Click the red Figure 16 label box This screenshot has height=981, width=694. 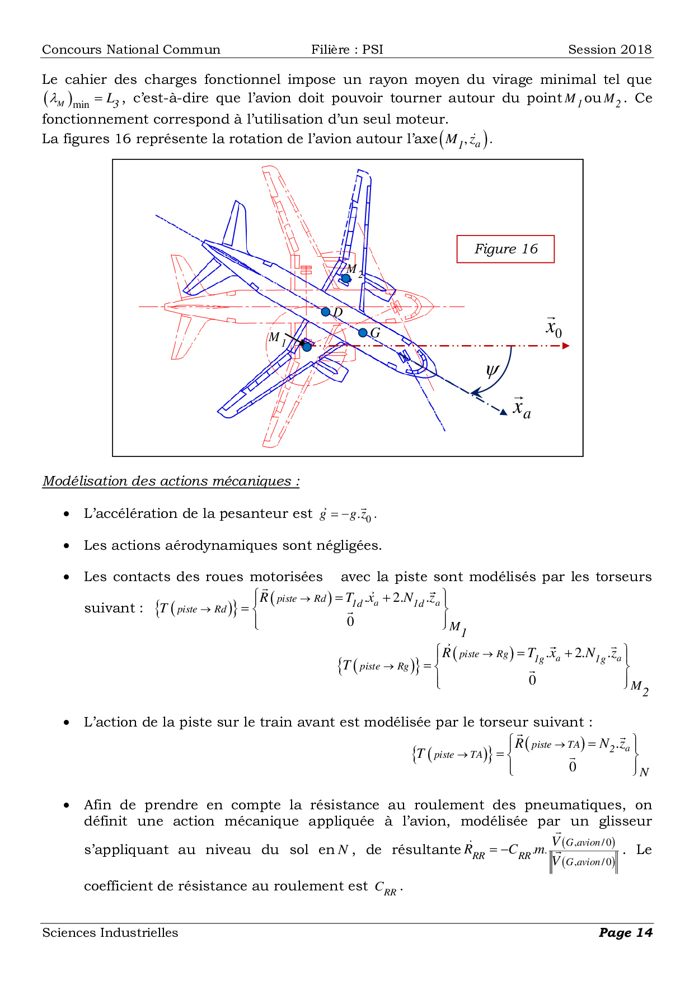pos(505,249)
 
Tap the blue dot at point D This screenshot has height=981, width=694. pos(326,312)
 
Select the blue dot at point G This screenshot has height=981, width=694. pos(363,333)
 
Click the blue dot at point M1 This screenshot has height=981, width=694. pos(307,347)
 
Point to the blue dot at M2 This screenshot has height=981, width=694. pos(346,278)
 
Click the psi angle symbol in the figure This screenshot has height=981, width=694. pos(493,371)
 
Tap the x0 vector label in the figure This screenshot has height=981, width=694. pos(554,327)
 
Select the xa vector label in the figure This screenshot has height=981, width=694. pos(522,408)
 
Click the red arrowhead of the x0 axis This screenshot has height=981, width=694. pos(566,346)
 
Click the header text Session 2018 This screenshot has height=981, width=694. pos(609,50)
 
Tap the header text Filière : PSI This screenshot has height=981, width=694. pos(347,50)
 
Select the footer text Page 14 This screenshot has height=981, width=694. pos(625,932)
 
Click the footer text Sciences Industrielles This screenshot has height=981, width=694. pos(110,932)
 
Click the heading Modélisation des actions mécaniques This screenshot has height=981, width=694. pos(171,481)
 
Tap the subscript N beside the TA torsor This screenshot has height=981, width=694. pos(644,772)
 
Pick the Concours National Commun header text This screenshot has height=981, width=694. pos(131,50)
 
